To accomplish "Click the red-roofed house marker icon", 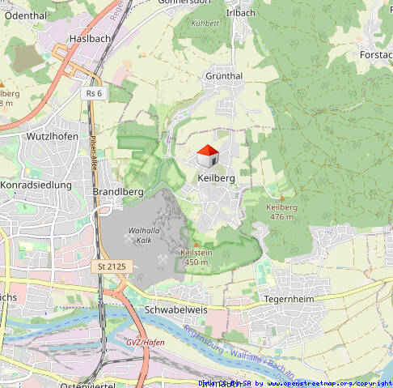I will pyautogui.click(x=207, y=156).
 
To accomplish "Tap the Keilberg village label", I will pyautogui.click(x=216, y=177).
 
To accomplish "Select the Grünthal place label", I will pyautogui.click(x=224, y=75).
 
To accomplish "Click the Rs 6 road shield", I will pyautogui.click(x=94, y=93).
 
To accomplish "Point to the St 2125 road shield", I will pyautogui.click(x=112, y=266).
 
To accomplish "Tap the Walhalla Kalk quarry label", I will pyautogui.click(x=140, y=235).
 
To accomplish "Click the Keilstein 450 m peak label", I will pyautogui.click(x=196, y=257).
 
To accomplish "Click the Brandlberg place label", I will pyautogui.click(x=118, y=191).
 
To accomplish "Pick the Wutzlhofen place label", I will pyautogui.click(x=53, y=136).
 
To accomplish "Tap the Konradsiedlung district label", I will pyautogui.click(x=36, y=185).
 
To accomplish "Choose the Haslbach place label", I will pyautogui.click(x=90, y=38).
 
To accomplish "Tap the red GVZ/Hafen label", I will pyautogui.click(x=145, y=342).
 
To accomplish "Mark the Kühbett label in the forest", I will pyautogui.click(x=205, y=23).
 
